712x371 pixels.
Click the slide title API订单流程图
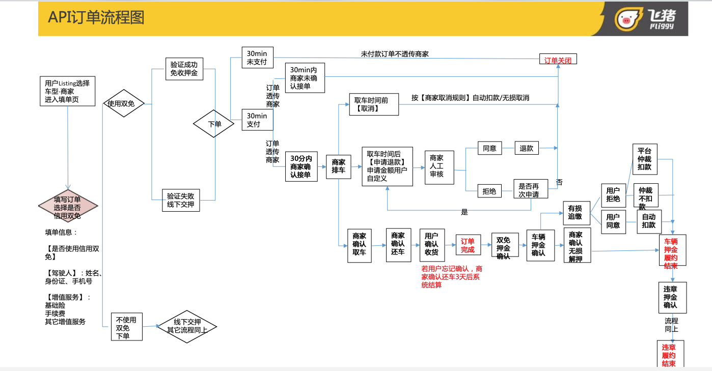pos(96,17)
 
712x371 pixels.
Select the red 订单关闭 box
pos(558,60)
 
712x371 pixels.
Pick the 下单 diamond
pos(214,124)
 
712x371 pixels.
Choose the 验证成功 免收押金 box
pos(184,69)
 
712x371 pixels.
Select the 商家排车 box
pos(338,166)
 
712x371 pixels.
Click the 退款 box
pos(527,148)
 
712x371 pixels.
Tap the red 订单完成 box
pos(468,245)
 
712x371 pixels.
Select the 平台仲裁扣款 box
pos(644,159)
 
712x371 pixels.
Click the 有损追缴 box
pos(576,213)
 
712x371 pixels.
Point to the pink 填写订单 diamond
pos(68,208)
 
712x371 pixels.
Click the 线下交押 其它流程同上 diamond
pos(187,326)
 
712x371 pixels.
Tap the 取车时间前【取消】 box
pos(371,104)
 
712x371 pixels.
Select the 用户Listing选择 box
pos(67,91)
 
